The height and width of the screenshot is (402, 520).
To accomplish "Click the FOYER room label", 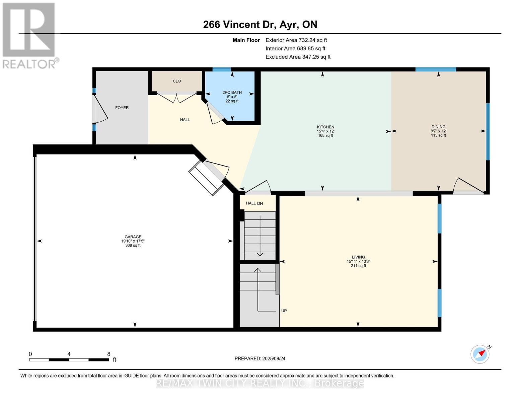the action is [122, 108].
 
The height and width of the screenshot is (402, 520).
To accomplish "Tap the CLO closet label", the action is [176, 81].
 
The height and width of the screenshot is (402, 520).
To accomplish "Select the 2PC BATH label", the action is [232, 92].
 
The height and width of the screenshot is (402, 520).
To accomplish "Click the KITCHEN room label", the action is [325, 127].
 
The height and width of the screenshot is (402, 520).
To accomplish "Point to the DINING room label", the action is [438, 127].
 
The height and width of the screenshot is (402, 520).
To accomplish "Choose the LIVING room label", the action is [358, 257].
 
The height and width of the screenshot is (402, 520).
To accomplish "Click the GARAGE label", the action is [133, 237].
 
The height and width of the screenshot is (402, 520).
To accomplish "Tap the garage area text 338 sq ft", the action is [133, 246].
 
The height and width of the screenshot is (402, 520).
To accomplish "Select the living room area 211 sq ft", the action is [358, 266].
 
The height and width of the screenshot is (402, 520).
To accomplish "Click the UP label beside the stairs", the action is [284, 311].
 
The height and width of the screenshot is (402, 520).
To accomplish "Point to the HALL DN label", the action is [254, 203].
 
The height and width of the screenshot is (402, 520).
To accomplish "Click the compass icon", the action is [480, 354].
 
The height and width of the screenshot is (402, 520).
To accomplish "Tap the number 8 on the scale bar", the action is [108, 354].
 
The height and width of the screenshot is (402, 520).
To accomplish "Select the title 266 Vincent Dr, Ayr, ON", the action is [260, 24].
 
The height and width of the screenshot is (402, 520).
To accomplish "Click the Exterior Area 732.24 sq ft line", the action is [296, 40].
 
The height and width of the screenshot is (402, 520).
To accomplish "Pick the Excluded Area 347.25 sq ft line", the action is [298, 57].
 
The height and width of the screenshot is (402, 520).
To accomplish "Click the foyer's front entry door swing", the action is [100, 109].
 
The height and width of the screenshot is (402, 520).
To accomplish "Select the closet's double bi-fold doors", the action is [176, 98].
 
